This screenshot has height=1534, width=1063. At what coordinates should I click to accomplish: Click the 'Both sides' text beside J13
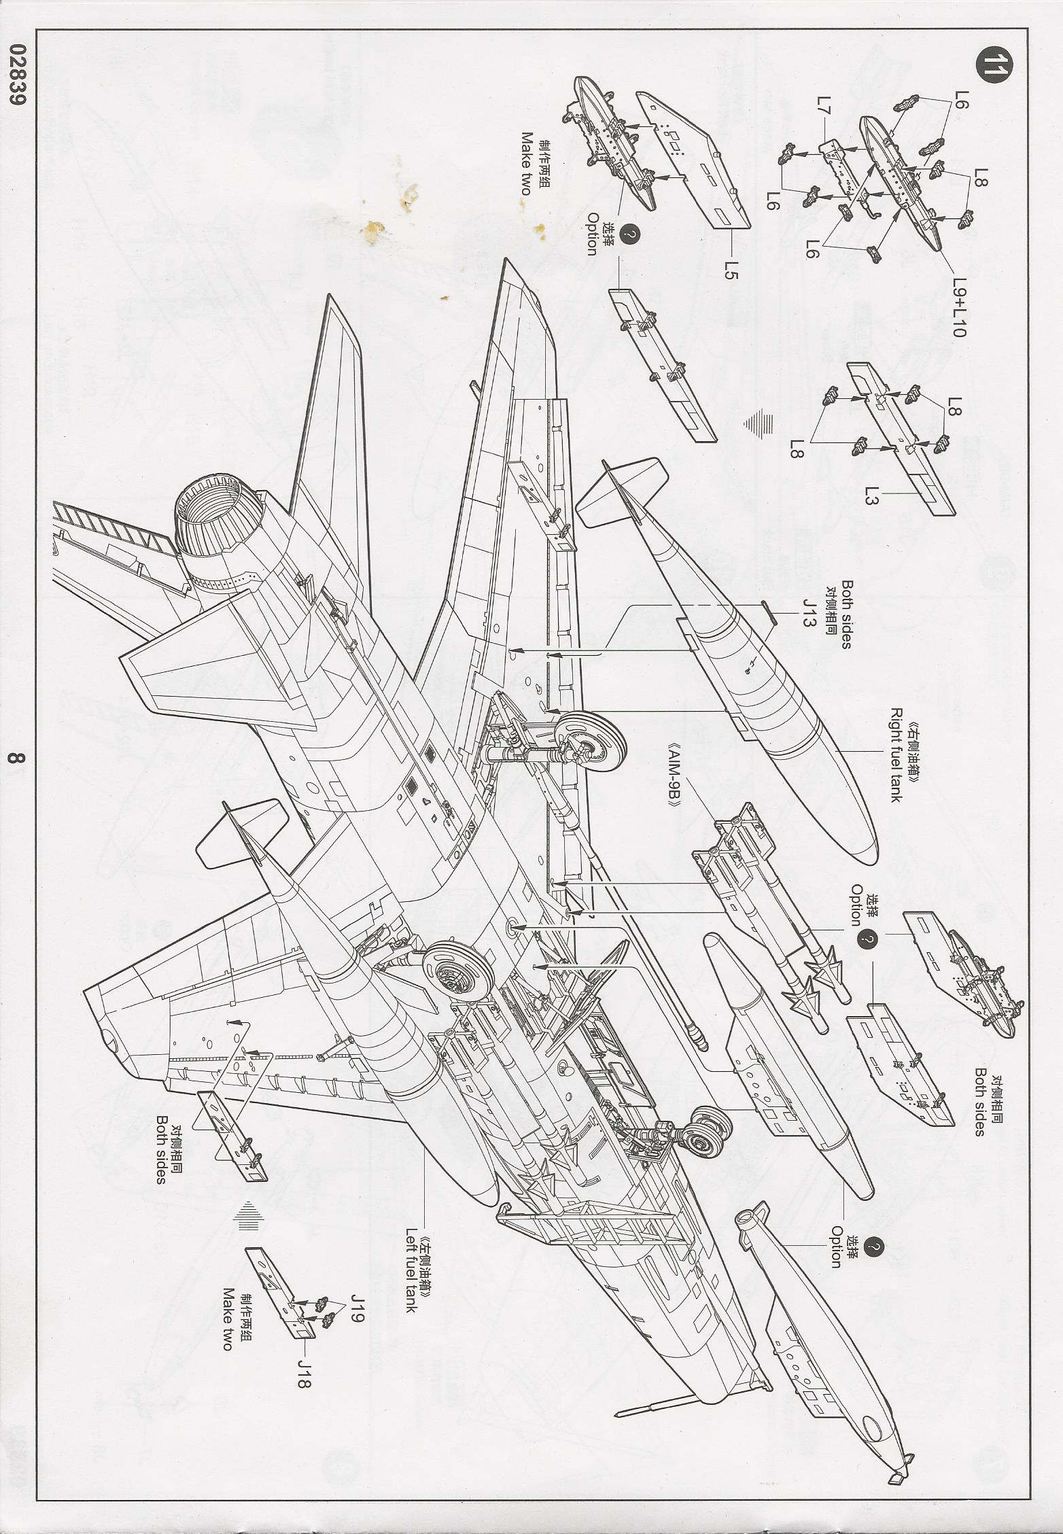tap(846, 614)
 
